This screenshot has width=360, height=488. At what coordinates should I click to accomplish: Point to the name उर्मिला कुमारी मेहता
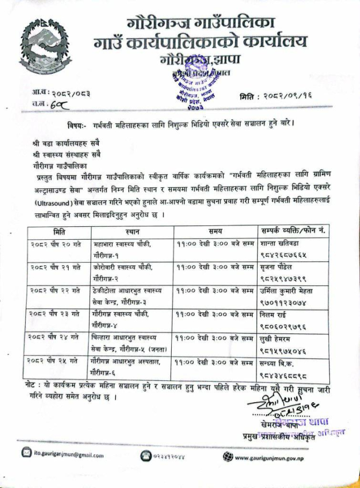point(289,291)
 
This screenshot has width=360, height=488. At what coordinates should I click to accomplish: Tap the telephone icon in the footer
point(146,455)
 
